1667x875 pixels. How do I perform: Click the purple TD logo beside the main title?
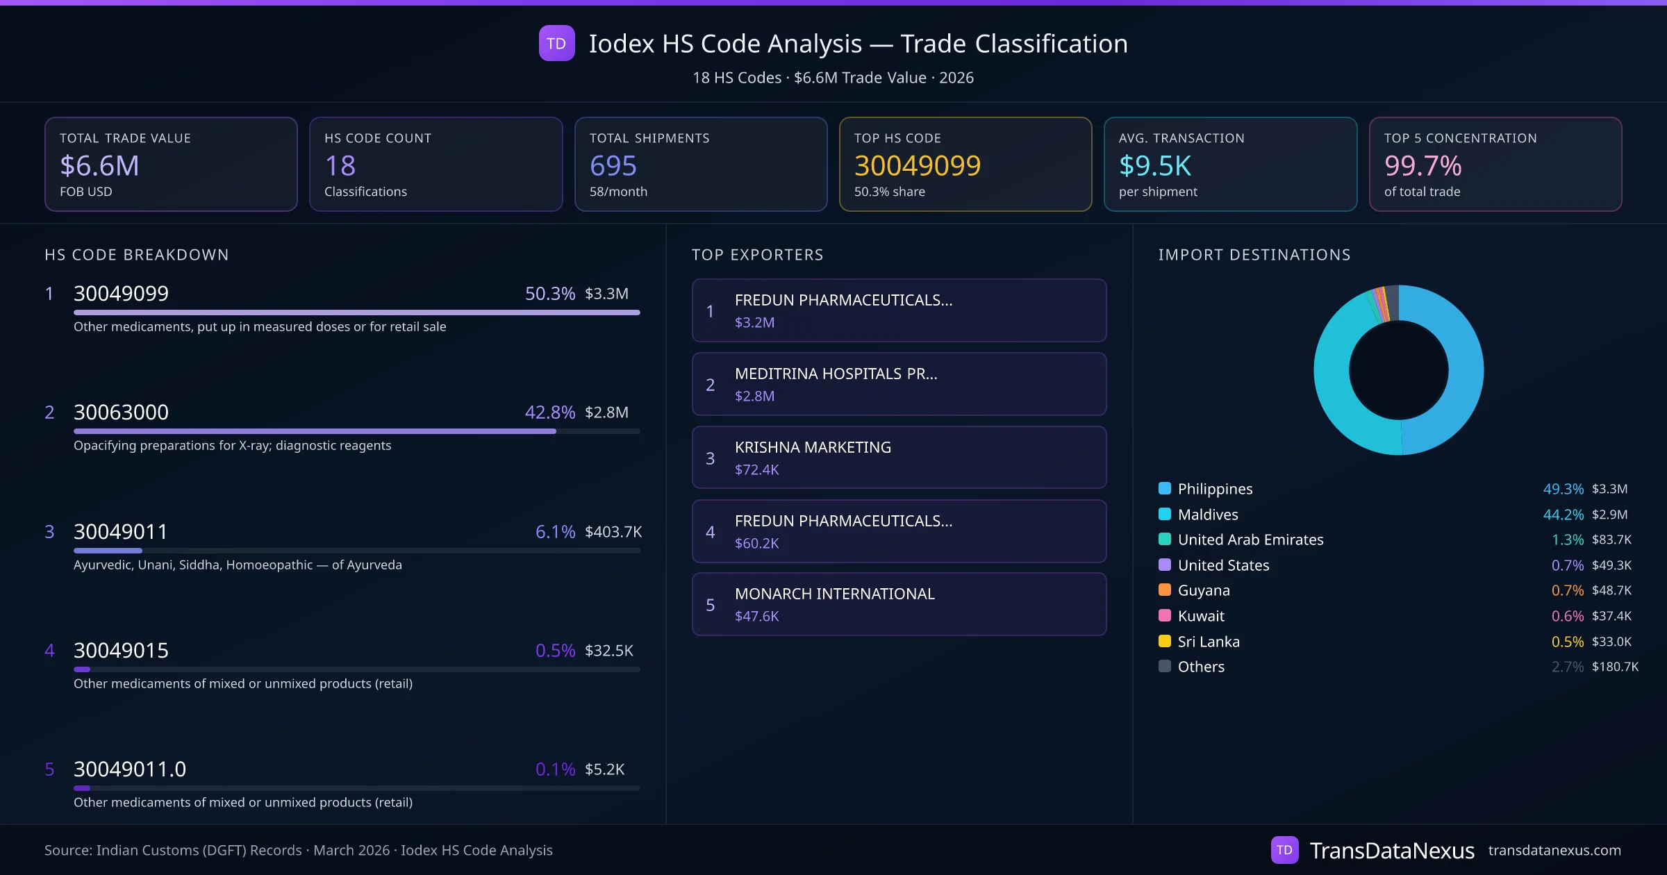point(556,43)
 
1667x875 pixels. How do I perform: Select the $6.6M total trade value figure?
point(99,166)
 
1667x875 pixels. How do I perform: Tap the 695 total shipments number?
point(613,166)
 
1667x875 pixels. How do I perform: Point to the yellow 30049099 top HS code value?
point(917,166)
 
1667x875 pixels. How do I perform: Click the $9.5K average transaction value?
point(1154,166)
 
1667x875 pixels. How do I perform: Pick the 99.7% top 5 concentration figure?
point(1423,166)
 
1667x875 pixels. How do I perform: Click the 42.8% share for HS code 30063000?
point(549,412)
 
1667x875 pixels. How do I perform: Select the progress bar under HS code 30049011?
point(356,551)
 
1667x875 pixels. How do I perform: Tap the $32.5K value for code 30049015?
point(608,651)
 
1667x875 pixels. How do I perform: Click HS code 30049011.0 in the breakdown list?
point(130,769)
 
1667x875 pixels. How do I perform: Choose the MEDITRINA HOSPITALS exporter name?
point(836,374)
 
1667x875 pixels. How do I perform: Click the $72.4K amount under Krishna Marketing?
point(756,470)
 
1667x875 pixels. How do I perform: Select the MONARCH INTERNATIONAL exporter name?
point(834,594)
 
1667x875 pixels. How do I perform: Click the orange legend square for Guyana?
point(1165,590)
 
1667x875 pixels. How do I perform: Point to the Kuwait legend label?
point(1201,616)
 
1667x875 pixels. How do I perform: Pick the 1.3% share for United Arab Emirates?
point(1567,540)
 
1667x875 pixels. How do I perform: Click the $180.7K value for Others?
point(1615,667)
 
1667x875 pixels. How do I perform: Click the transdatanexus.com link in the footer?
point(1554,851)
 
